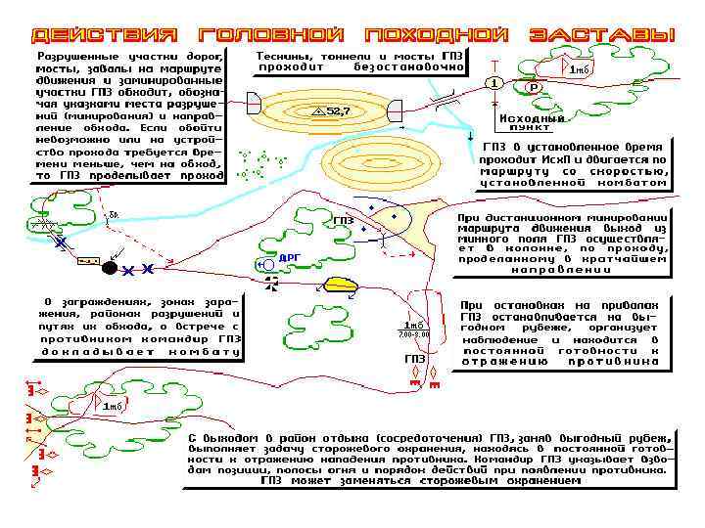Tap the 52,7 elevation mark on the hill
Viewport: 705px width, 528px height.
coord(331,111)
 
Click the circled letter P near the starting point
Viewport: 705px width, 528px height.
coord(534,87)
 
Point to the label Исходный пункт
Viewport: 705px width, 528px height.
coord(531,123)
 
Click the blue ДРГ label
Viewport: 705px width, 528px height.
coord(290,257)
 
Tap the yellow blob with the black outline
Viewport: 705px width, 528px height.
coord(344,285)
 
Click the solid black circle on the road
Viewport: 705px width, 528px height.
coord(110,267)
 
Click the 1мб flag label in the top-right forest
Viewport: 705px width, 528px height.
coord(580,70)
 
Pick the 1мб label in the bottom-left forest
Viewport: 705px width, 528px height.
coord(114,406)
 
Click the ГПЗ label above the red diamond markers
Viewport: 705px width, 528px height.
coord(414,359)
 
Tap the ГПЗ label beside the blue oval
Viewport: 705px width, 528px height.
coord(343,221)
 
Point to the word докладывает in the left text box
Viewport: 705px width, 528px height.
coord(87,350)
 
